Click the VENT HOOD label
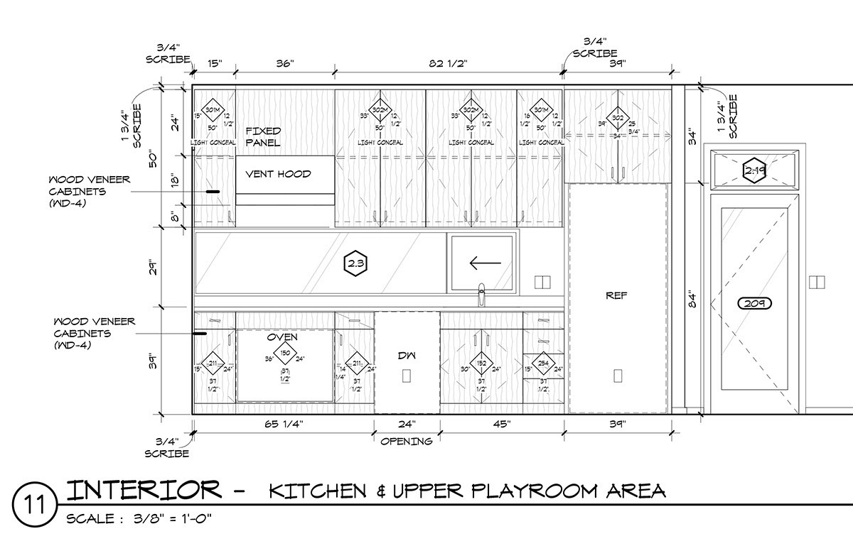tap(278, 174)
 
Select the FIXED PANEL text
tap(264, 137)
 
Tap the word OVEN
tap(282, 337)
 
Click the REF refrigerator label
tap(616, 295)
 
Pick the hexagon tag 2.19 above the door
tap(753, 170)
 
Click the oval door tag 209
tap(754, 304)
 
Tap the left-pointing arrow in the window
tap(485, 263)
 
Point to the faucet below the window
tap(481, 294)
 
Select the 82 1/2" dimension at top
tap(449, 64)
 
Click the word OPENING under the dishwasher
tap(406, 442)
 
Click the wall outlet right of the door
tap(817, 282)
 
